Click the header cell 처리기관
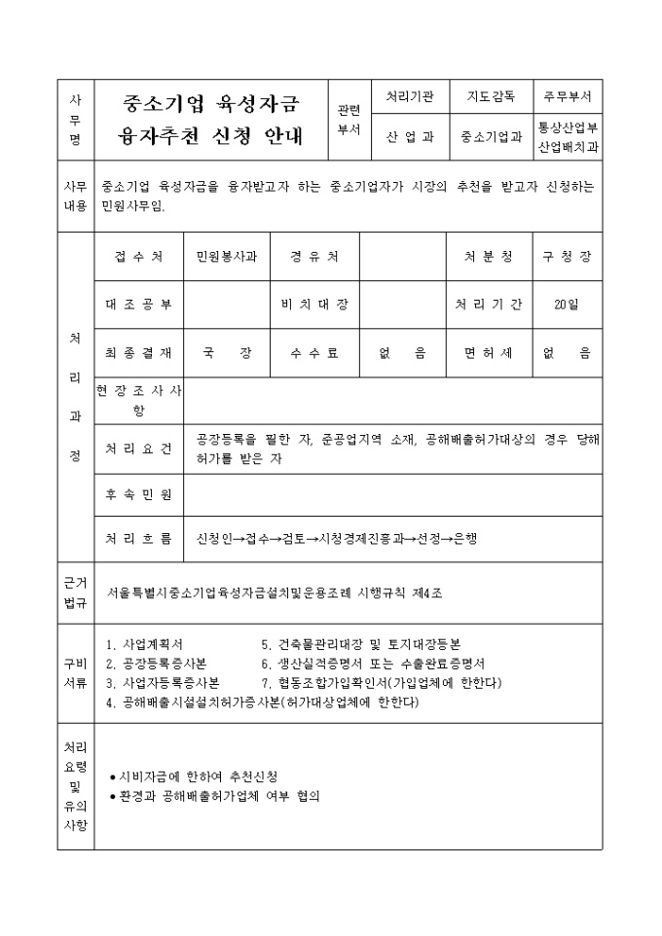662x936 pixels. (409, 98)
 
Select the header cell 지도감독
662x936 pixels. (491, 98)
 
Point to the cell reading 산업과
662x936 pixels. (409, 137)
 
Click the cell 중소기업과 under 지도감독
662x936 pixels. (491, 137)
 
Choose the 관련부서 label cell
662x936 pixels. (348, 119)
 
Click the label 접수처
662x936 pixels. (138, 257)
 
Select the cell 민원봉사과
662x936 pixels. (226, 257)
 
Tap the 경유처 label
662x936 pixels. (313, 257)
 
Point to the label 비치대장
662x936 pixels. (313, 305)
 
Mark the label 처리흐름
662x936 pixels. (138, 538)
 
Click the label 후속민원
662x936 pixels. (138, 494)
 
